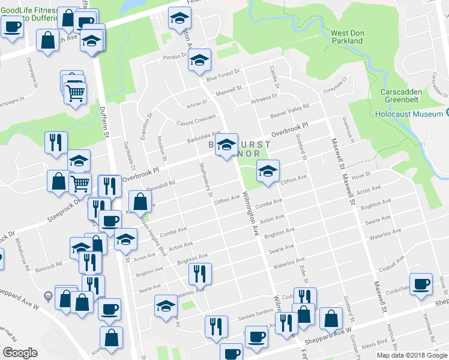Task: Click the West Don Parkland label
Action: [346, 36]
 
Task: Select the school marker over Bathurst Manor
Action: [226, 145]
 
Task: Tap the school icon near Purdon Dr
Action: [200, 60]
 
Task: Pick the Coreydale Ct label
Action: [336, 85]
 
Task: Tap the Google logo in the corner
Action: [20, 353]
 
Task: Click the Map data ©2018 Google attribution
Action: [411, 355]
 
